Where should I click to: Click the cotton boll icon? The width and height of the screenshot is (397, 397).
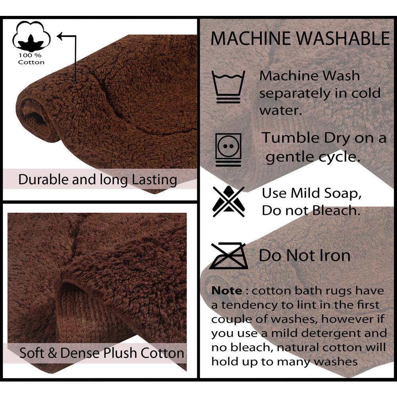tap(31, 37)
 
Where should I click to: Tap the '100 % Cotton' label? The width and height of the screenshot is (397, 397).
tap(31, 59)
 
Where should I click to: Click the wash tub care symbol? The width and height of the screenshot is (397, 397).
tap(228, 87)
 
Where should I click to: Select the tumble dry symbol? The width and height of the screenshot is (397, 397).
tap(228, 149)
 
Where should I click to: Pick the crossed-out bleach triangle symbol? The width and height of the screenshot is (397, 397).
tap(229, 202)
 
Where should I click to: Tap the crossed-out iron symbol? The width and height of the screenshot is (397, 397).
tap(228, 256)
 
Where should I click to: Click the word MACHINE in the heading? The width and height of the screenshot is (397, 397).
tap(251, 39)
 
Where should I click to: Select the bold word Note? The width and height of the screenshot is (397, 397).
tap(227, 291)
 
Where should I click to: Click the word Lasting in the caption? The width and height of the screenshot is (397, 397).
tap(154, 180)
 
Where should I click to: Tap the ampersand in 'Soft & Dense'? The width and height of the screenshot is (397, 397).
tap(52, 353)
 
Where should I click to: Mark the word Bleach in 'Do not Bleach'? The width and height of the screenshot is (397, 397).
tap(336, 210)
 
